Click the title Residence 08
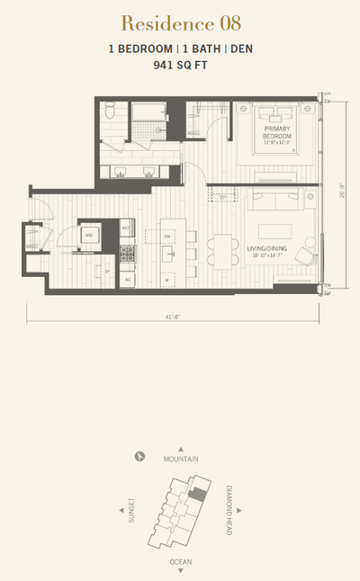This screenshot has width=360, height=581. pos(179,22)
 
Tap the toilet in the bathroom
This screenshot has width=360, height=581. pos(109,113)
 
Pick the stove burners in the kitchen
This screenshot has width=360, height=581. pos(128,254)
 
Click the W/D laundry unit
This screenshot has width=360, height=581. pos(89,235)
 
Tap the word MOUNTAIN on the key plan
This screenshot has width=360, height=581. pos(180,459)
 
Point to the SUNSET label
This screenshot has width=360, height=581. pos(131,509)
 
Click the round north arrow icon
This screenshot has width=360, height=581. pos(139,456)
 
